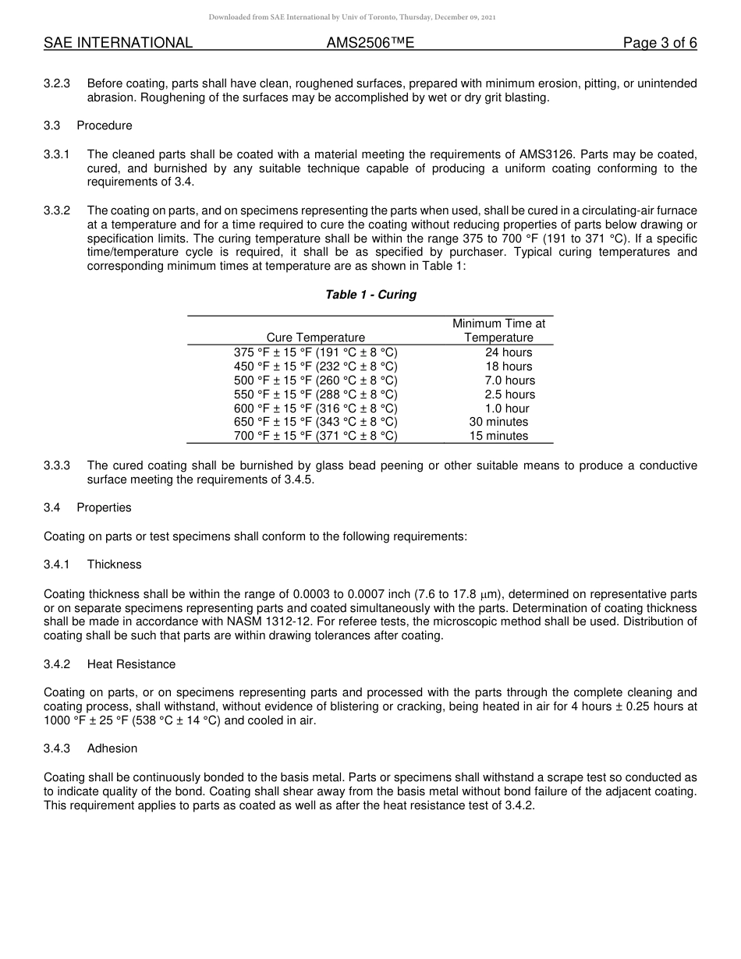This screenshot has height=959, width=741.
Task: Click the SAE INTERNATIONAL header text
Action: coord(118,43)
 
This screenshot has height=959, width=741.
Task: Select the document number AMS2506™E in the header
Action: coord(370,43)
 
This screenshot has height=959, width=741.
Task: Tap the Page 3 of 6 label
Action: coord(659,43)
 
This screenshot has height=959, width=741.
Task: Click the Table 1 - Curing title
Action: coord(370,295)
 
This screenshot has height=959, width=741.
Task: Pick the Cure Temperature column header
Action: coord(315,338)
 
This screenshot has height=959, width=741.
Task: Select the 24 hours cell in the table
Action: coord(509,352)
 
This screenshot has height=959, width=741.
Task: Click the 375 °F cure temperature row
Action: coord(315,352)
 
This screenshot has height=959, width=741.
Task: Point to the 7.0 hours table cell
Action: coord(509,380)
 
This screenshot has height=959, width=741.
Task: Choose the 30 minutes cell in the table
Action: coord(498,422)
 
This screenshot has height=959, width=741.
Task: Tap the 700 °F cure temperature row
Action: coord(315,436)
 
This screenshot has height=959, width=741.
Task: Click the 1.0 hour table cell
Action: coord(507,409)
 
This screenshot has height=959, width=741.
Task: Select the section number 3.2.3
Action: coord(57,83)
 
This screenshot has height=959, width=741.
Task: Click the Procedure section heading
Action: coord(105,126)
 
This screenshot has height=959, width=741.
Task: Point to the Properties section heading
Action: coord(104,508)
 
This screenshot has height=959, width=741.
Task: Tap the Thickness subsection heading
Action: coord(114,564)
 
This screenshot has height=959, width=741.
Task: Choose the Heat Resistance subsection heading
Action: coord(131,664)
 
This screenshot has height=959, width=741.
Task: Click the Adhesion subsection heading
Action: coord(112,748)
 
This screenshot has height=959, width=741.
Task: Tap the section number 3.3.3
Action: coord(57,465)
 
